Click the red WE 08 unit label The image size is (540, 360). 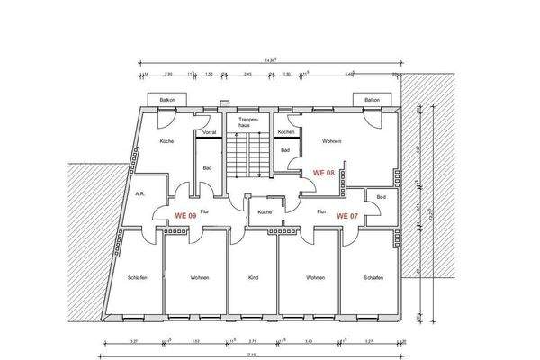click(x=323, y=171)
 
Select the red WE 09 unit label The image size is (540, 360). click(x=185, y=216)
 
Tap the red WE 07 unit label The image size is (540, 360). click(x=347, y=216)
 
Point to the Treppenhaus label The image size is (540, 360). click(x=248, y=122)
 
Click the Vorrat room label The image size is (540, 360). click(x=210, y=132)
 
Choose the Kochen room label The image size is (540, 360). click(x=285, y=132)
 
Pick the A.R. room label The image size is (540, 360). click(x=140, y=193)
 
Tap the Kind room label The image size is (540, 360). click(x=253, y=278)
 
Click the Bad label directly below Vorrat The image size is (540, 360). click(x=207, y=167)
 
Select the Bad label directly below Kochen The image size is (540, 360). click(x=284, y=149)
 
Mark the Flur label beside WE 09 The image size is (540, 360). click(x=204, y=213)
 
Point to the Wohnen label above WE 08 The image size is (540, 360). click(x=331, y=141)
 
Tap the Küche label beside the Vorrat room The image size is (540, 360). click(x=166, y=141)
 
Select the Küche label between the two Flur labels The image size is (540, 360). click(x=264, y=212)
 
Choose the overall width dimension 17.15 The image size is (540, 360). click(x=255, y=355)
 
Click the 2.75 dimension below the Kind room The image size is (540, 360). click(x=253, y=341)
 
